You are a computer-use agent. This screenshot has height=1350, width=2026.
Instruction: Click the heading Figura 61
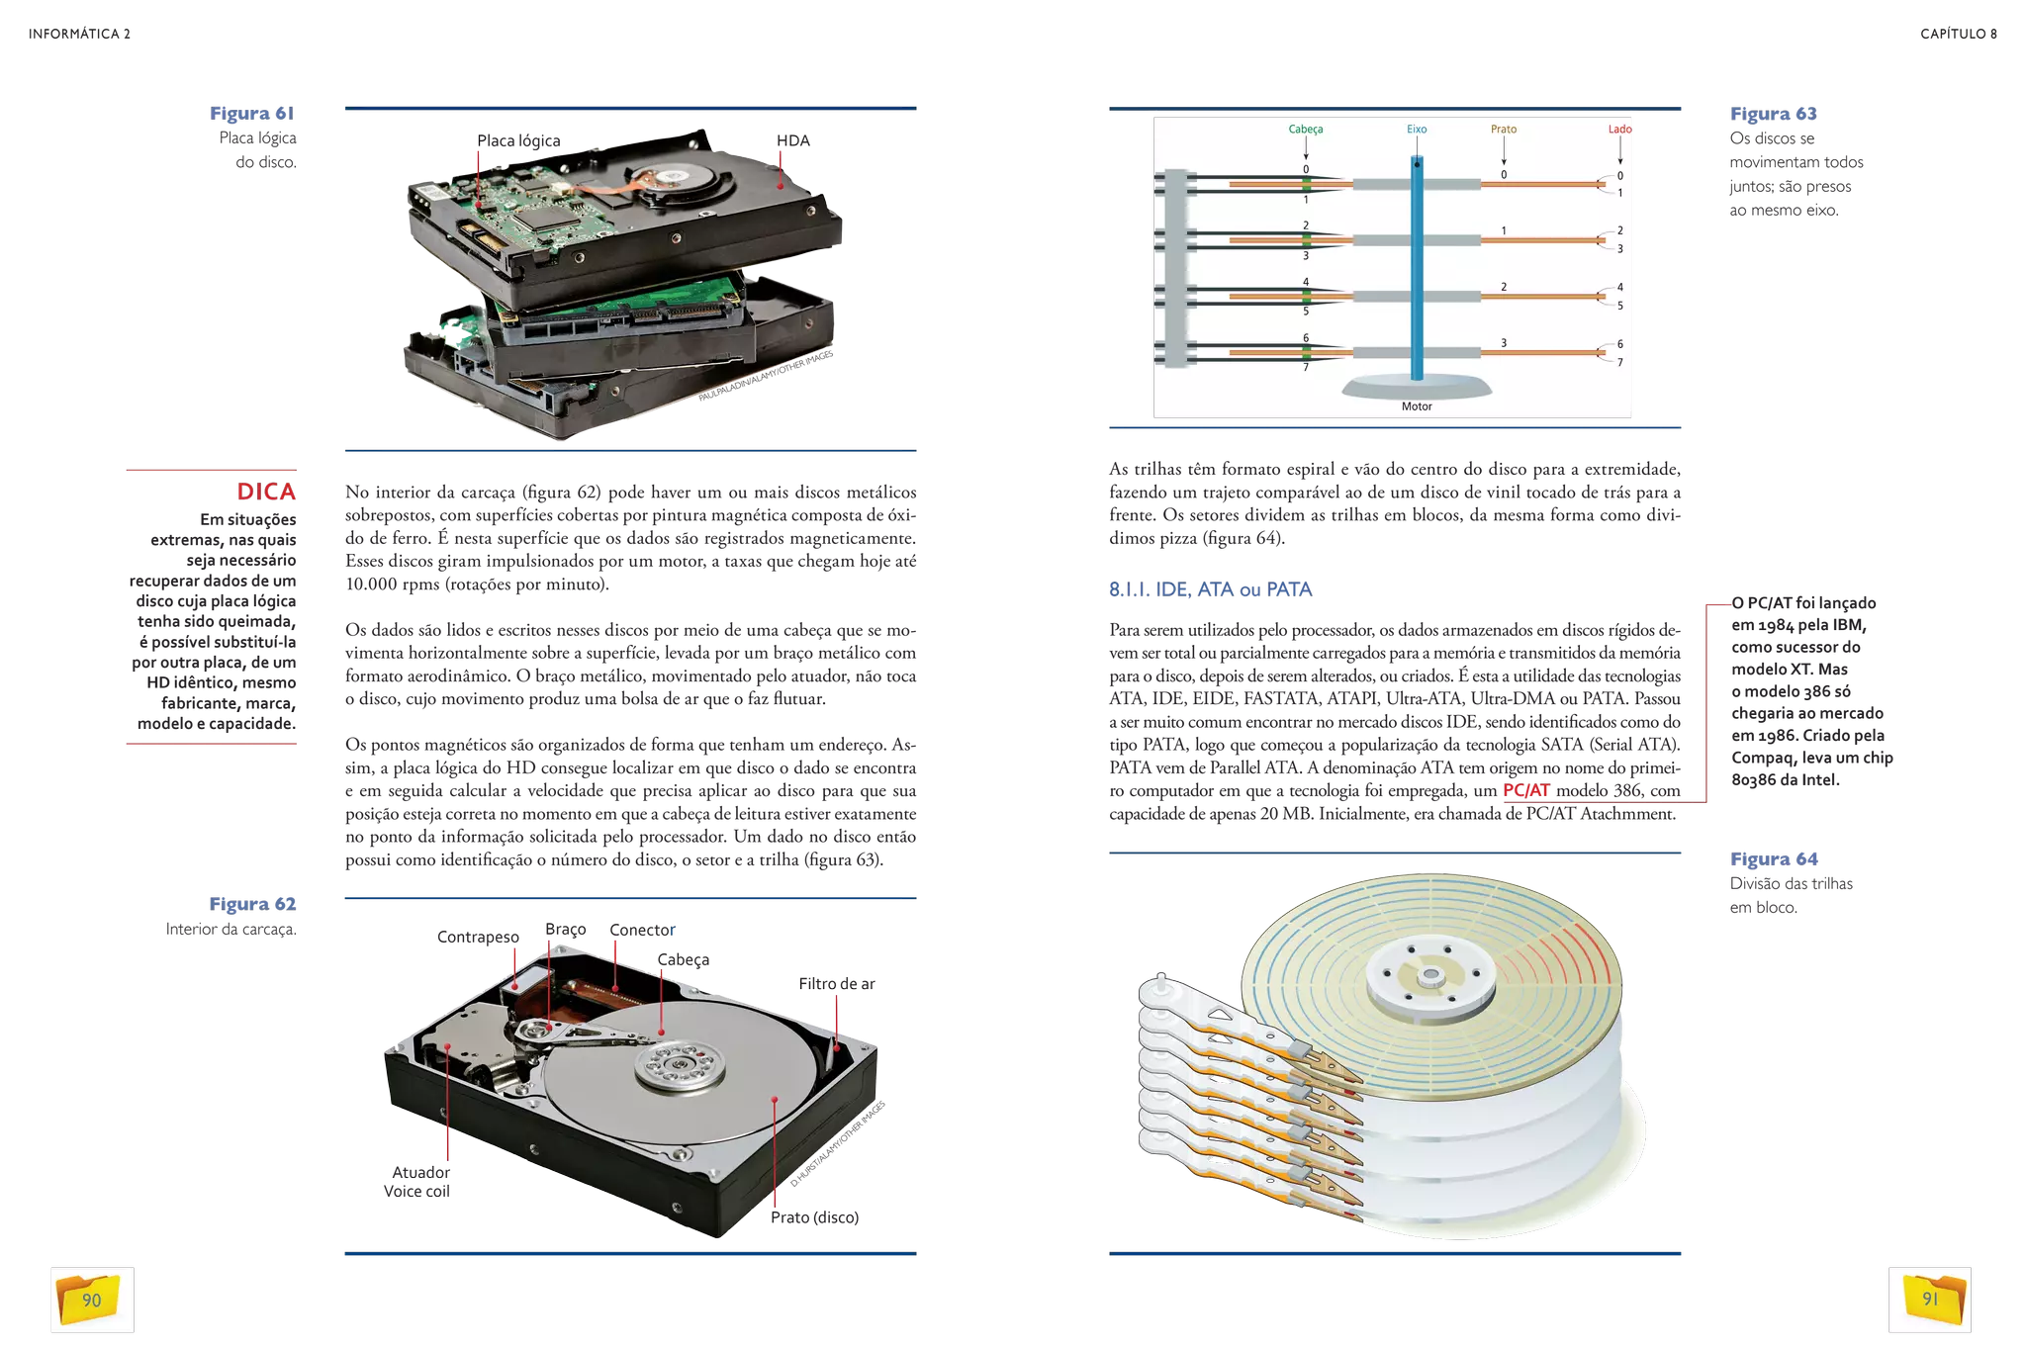[x=251, y=114]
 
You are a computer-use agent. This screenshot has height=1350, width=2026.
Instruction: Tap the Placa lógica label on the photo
[x=518, y=140]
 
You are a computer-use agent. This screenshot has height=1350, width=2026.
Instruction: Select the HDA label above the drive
[x=793, y=140]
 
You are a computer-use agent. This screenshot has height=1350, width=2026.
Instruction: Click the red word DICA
[x=266, y=492]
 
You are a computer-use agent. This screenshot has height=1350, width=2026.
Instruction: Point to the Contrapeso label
[x=478, y=937]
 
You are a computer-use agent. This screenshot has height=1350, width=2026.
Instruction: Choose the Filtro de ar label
[x=837, y=983]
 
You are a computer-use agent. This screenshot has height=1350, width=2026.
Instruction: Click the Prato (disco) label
[x=814, y=1217]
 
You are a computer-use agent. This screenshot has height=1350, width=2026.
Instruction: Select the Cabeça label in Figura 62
[x=683, y=959]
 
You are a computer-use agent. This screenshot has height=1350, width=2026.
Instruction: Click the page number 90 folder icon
[x=91, y=1300]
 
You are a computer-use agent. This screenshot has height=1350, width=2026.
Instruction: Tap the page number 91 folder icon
[x=1929, y=1300]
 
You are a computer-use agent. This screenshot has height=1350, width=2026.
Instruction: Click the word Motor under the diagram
[x=1417, y=406]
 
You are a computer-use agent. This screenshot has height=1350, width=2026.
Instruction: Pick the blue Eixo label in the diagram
[x=1417, y=129]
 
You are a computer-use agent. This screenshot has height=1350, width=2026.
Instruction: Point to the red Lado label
[x=1619, y=129]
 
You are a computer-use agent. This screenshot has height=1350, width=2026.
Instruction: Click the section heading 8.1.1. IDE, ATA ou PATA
[x=1210, y=589]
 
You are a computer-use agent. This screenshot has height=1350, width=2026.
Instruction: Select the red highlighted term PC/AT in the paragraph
[x=1525, y=790]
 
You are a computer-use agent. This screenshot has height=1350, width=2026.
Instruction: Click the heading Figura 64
[x=1774, y=859]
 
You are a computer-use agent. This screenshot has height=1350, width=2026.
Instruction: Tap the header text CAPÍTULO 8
[x=1958, y=34]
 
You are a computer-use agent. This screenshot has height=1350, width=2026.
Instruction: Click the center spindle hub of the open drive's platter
[x=680, y=1066]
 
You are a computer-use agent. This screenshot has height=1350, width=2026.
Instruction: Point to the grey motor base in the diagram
[x=1417, y=387]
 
